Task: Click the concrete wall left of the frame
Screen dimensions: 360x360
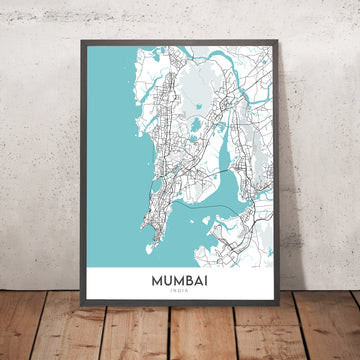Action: click(x=40, y=150)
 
